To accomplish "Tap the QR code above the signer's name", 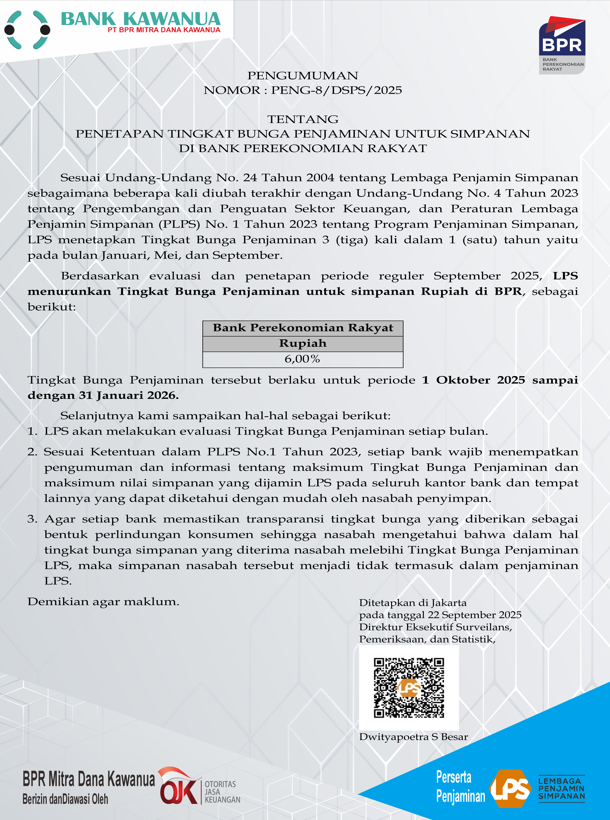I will coord(409,687).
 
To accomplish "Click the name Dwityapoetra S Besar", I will coord(413,737).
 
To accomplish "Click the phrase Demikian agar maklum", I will coord(103,602).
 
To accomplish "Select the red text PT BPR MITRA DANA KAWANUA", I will coord(164,30).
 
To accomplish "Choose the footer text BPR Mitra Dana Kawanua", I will coord(89,779).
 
